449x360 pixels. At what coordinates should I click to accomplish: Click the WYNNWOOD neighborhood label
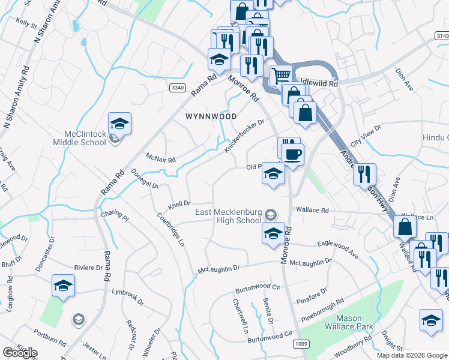[210, 116]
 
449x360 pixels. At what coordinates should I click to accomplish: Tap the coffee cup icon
[293, 155]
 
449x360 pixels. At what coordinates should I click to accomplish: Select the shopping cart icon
[280, 76]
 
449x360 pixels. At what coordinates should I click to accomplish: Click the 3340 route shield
[177, 88]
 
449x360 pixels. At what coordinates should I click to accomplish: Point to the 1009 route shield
[301, 344]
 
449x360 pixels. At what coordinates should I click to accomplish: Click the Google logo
[20, 353]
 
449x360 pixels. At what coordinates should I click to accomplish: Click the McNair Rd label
[161, 159]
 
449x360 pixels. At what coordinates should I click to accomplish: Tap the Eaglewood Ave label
[337, 250]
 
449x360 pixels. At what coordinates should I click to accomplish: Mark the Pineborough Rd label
[323, 307]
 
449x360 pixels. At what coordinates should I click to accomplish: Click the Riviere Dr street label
[88, 268]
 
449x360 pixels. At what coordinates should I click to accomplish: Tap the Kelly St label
[27, 23]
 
